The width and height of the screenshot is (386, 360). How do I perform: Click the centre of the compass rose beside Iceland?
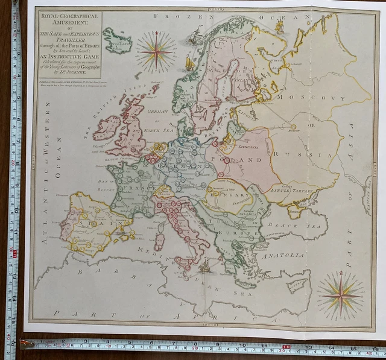[156, 51]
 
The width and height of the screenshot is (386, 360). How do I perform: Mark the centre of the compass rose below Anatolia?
[341, 295]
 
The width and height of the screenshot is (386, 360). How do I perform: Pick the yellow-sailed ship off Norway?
[190, 63]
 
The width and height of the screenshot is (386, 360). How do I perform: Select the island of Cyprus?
[297, 285]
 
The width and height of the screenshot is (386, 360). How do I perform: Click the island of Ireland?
[108, 128]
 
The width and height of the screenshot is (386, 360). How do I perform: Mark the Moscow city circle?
[294, 127]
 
